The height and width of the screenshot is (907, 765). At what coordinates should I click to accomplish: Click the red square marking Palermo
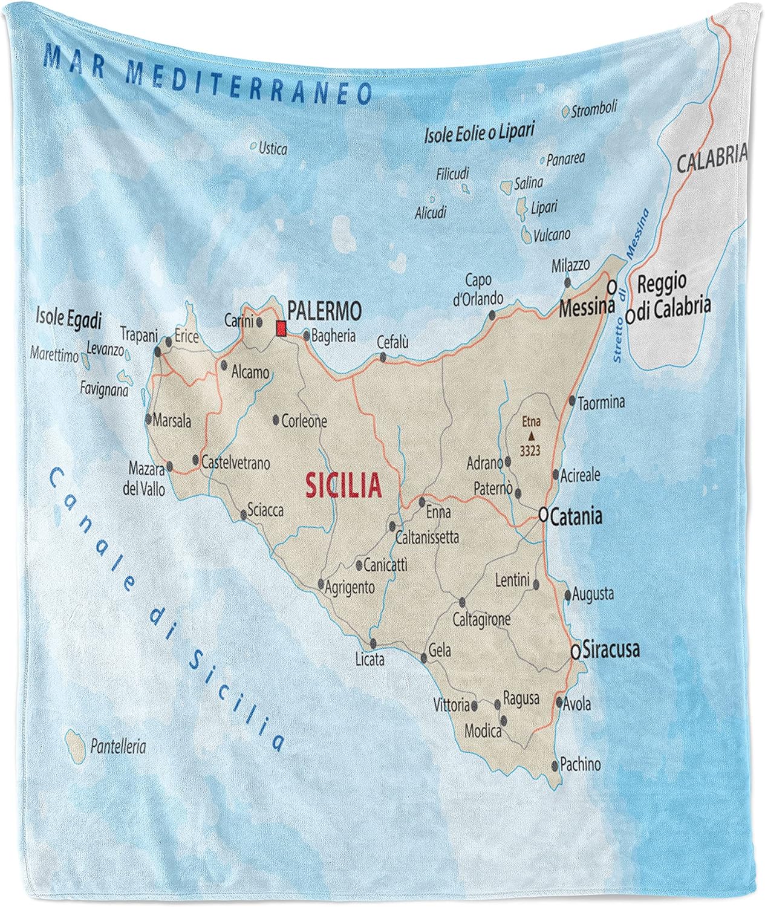pyautogui.click(x=281, y=328)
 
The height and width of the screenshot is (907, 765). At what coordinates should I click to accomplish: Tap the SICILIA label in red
pyautogui.click(x=343, y=485)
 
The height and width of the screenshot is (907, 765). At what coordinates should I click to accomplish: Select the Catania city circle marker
pyautogui.click(x=542, y=515)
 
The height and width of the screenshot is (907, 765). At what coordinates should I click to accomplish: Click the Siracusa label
pyautogui.click(x=611, y=650)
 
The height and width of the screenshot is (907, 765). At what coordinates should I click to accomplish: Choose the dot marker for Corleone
pyautogui.click(x=276, y=419)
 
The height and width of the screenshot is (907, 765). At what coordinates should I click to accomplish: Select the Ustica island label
pyautogui.click(x=272, y=148)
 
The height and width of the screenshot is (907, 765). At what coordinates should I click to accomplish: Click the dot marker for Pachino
pyautogui.click(x=555, y=766)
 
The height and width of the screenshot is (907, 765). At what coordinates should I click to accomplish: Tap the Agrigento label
pyautogui.click(x=350, y=587)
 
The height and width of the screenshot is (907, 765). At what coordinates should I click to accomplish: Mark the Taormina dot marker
pyautogui.click(x=572, y=400)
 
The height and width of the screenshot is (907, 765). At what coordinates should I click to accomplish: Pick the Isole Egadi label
pyautogui.click(x=68, y=317)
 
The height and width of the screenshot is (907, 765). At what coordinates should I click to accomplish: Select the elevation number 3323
pyautogui.click(x=530, y=450)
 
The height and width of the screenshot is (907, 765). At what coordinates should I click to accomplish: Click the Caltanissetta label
pyautogui.click(x=427, y=537)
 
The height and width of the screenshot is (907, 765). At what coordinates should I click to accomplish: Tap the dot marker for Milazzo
pyautogui.click(x=567, y=282)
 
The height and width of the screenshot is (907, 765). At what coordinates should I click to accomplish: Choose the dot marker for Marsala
pyautogui.click(x=148, y=419)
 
